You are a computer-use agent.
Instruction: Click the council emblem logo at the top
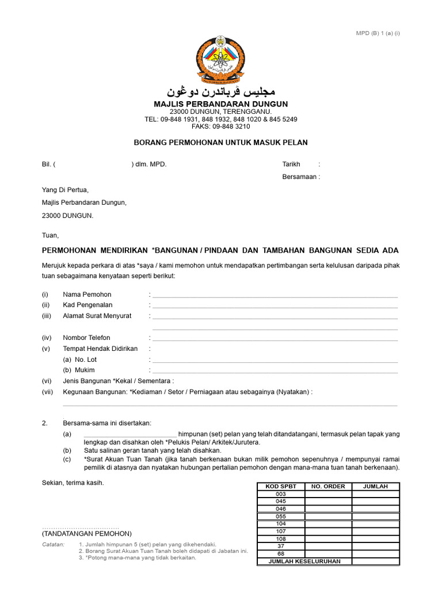(221, 60)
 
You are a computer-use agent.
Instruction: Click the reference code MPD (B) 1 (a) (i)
(378, 33)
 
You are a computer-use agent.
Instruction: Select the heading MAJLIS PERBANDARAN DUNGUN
(221, 104)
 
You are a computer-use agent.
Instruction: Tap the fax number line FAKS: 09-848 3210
(221, 127)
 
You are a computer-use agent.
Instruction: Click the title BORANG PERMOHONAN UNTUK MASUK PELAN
(221, 143)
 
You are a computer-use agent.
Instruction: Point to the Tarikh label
(291, 165)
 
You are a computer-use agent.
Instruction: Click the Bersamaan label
(299, 177)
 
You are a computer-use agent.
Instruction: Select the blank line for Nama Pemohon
(275, 296)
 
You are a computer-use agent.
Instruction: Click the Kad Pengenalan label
(87, 305)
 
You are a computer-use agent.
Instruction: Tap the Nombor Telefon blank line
(275, 339)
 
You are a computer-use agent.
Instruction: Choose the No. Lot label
(80, 359)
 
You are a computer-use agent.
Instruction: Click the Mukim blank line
(275, 372)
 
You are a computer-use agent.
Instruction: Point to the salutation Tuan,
(50, 235)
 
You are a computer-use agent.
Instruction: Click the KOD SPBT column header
(281, 487)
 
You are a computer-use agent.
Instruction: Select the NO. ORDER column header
(328, 487)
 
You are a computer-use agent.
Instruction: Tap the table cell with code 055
(281, 517)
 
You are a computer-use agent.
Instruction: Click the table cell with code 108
(281, 539)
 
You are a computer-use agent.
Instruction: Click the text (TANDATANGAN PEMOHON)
(87, 534)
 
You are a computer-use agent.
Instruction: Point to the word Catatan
(53, 544)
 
